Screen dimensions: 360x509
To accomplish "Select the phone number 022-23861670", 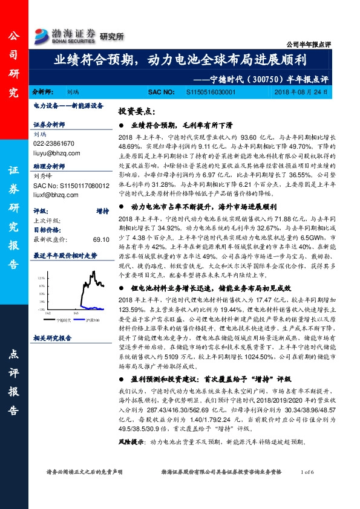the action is click(54, 143).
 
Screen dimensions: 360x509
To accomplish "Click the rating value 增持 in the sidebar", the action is click(102, 211).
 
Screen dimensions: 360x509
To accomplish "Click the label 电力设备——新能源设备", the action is click(62, 105).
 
